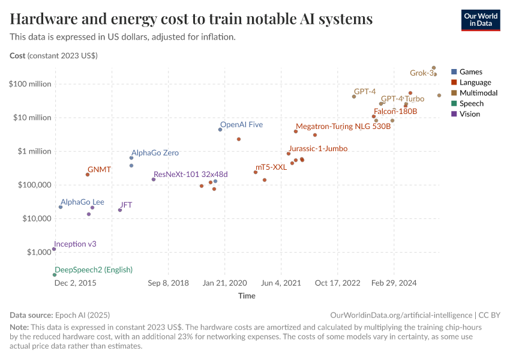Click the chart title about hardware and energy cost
(x=191, y=19)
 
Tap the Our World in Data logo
(x=480, y=20)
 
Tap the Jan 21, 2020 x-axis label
(x=224, y=283)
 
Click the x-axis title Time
(x=247, y=296)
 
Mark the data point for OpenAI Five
(x=220, y=130)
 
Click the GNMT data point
(x=88, y=175)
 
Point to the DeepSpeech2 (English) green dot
(x=55, y=275)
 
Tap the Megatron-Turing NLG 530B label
(x=343, y=127)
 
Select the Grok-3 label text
(x=421, y=73)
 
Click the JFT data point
(x=120, y=210)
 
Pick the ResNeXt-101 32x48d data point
(x=154, y=179)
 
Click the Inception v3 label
(x=75, y=244)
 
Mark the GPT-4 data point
(x=354, y=97)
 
